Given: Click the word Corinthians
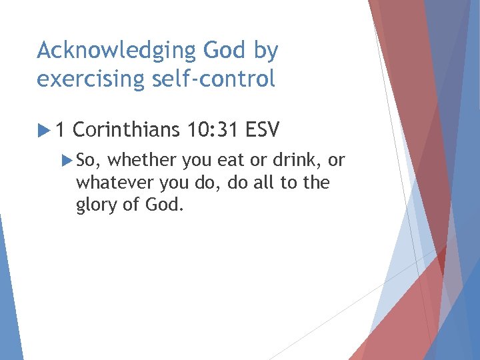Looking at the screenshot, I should (x=126, y=128).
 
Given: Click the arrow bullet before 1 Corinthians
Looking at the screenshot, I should (x=43, y=128).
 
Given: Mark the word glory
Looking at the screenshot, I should (x=99, y=204).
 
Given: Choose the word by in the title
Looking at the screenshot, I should (x=265, y=51).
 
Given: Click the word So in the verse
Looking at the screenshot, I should (x=87, y=160).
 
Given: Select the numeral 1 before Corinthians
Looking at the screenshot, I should (x=61, y=128).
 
